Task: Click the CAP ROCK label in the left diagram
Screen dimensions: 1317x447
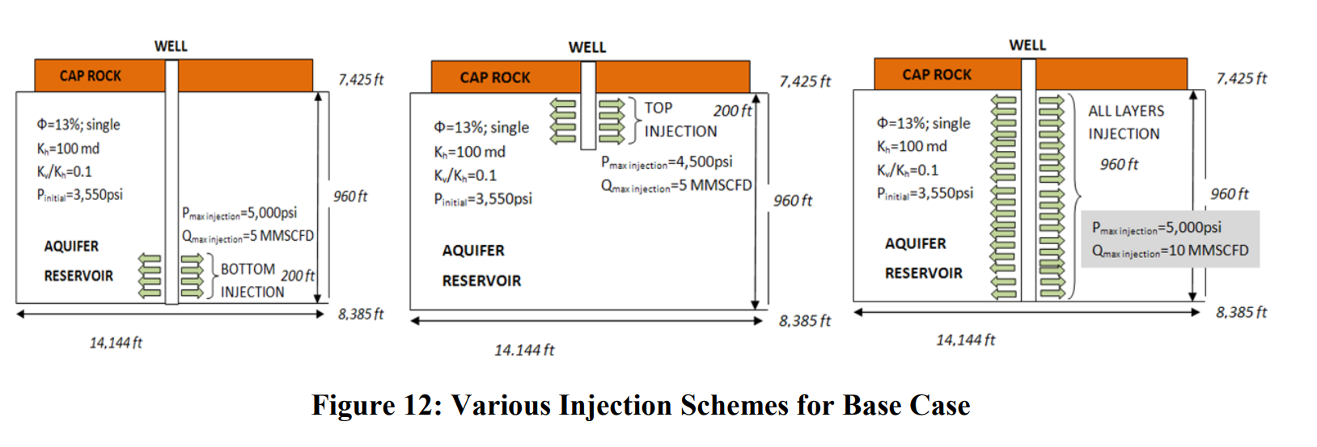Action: point(90,76)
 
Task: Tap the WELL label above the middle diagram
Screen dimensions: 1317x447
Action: point(587,48)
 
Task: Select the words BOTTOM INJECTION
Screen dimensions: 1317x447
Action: point(252,280)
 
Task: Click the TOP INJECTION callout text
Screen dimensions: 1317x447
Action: point(680,120)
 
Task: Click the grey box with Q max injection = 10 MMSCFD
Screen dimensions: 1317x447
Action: point(1170,239)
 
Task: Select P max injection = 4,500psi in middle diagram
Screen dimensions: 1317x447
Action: point(667,162)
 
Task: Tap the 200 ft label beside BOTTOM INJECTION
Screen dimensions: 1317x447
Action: point(298,276)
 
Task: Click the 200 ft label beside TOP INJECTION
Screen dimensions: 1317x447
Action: point(732,111)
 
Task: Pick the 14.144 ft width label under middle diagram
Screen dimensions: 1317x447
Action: point(524,350)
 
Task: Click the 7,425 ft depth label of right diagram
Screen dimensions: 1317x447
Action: point(1241,78)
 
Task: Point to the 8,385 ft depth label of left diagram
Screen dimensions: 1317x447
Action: point(361,314)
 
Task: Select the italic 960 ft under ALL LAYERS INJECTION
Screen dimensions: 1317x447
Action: point(1119,164)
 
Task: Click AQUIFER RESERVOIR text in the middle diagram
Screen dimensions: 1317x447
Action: point(481,265)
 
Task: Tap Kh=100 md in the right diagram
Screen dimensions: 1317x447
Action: point(912,146)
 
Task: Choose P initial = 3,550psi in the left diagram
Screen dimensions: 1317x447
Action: point(80,195)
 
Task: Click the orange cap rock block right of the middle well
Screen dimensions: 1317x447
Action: point(672,77)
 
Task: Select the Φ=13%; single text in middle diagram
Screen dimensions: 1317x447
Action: point(481,128)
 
